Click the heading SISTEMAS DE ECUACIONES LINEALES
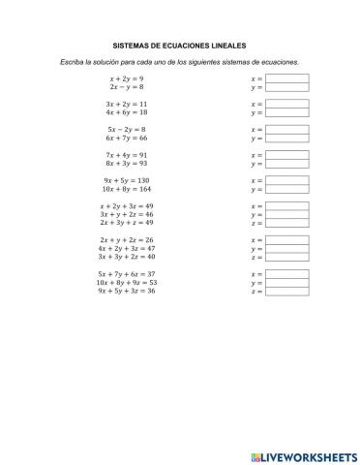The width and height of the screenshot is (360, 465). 180,46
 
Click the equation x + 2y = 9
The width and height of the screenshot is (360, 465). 127,77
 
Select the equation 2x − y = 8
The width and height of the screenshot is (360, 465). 127,86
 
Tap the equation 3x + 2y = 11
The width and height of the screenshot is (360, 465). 127,103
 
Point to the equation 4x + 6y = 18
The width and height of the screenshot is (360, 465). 127,112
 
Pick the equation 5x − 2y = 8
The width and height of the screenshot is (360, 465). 127,129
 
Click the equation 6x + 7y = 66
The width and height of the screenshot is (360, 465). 127,139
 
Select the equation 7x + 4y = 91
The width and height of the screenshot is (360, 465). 127,155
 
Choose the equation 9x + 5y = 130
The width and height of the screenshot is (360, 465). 127,181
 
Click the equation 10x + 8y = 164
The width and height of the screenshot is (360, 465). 127,190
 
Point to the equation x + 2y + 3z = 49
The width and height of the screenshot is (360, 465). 127,206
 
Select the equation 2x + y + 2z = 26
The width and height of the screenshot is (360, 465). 127,240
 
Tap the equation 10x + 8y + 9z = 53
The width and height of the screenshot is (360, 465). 127,282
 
